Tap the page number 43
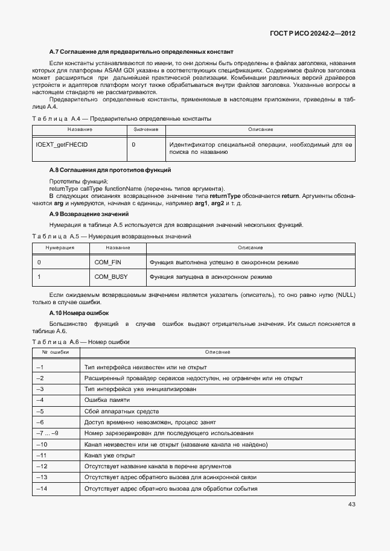[351, 505]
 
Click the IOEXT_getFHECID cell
[62, 145]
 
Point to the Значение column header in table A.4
[145, 130]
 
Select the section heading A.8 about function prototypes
[110, 170]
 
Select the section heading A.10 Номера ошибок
[78, 313]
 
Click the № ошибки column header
[56, 352]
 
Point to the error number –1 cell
[41, 367]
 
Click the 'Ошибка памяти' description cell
[106, 400]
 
